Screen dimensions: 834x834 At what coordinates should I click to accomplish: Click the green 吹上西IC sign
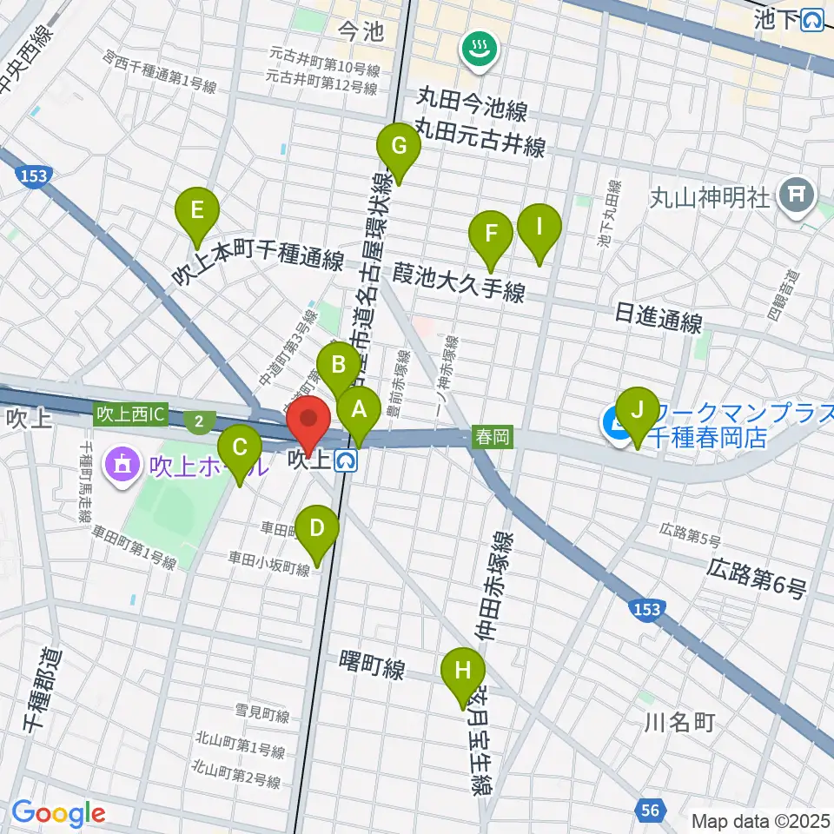click(x=130, y=415)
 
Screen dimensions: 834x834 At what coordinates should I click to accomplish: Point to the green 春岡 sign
click(x=492, y=438)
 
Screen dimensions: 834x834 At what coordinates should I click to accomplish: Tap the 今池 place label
click(x=361, y=33)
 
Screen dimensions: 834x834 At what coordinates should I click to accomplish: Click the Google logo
click(x=59, y=813)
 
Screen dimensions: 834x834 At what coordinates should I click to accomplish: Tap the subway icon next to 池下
click(x=813, y=19)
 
